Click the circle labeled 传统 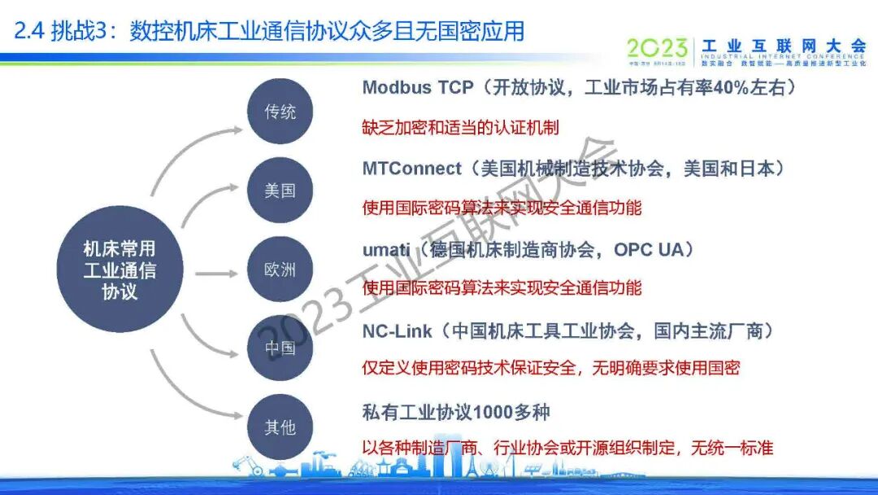(x=280, y=112)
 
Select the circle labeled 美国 (x=280, y=191)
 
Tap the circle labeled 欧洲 (x=280, y=269)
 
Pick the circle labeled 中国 (x=280, y=348)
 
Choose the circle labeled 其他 (x=280, y=427)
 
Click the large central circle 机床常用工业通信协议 (x=120, y=270)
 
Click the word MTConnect (x=411, y=169)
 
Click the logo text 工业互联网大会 (x=784, y=45)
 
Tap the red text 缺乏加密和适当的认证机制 (x=461, y=128)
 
